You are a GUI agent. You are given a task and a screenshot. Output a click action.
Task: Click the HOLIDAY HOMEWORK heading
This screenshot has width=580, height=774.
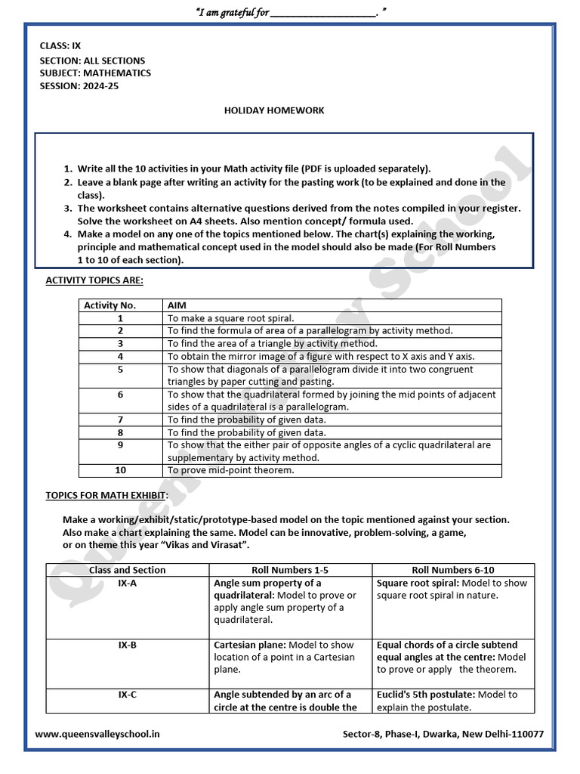point(274,110)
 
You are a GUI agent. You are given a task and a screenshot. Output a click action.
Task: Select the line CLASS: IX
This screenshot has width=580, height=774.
point(60,45)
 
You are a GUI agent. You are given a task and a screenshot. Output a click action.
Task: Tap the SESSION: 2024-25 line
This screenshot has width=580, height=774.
point(79,86)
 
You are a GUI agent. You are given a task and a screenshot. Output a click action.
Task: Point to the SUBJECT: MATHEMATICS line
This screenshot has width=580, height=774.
point(95,73)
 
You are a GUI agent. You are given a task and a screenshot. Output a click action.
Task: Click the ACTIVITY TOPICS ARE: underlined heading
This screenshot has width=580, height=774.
point(94,280)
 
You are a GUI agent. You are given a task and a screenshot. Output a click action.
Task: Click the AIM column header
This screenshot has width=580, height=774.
point(177,305)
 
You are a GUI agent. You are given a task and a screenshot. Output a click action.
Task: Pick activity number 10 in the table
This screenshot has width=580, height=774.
point(121,470)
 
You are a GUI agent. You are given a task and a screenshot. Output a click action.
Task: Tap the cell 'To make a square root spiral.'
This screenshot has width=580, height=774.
point(230,318)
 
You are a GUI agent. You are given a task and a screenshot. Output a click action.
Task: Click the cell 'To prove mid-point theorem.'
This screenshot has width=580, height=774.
point(230,470)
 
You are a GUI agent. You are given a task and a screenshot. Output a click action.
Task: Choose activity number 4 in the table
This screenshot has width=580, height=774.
point(121,356)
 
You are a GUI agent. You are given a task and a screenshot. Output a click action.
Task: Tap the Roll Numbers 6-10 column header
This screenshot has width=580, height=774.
point(453,570)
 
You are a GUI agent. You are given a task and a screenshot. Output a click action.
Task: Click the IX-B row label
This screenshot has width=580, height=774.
point(127,646)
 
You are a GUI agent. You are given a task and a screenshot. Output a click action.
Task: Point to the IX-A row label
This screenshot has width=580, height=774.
point(127,584)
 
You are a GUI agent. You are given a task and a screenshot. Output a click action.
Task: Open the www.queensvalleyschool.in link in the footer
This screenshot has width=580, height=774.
point(97,734)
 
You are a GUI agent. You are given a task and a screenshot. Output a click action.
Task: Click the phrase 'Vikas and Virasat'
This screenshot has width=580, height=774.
point(224,545)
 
